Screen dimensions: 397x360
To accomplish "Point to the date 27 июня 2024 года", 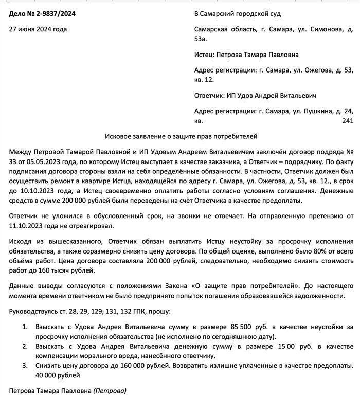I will coord(38,29).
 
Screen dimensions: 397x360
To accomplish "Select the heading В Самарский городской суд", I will coord(245,14).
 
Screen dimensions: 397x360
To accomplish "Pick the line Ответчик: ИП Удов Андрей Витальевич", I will coord(255,96).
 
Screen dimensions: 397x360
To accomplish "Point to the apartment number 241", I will coord(348,121).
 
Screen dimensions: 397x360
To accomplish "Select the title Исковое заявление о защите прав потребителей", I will coord(181,137).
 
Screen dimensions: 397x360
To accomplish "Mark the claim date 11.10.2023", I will coord(31,225).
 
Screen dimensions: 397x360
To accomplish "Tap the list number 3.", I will coord(24,366).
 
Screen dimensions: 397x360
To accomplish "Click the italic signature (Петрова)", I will coord(110,391).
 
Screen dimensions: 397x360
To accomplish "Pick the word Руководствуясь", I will coord(35,312).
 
